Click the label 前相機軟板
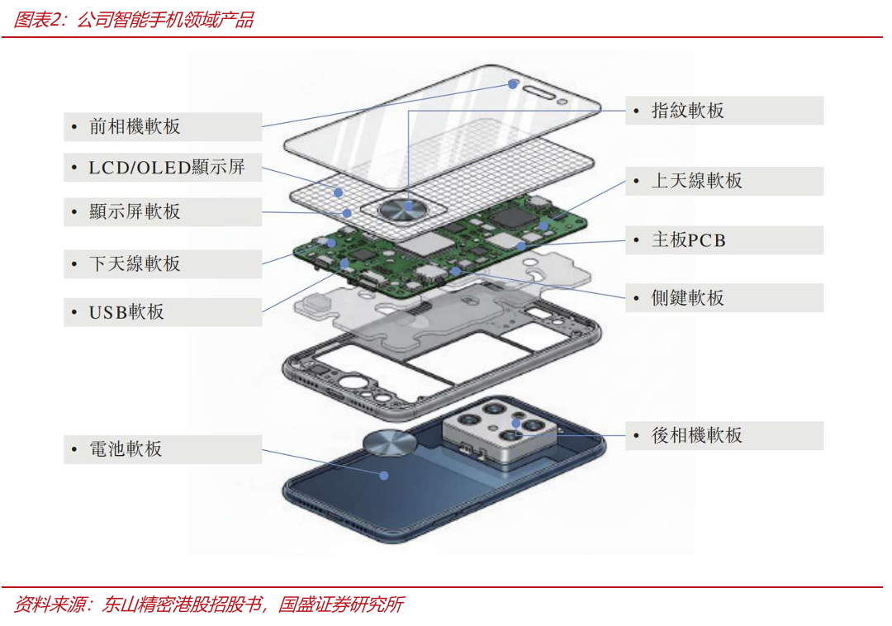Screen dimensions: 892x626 pos(163,126)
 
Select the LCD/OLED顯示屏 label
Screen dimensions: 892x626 pos(163,167)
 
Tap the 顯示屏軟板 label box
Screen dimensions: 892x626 pos(163,211)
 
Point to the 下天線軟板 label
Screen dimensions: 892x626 pos(163,263)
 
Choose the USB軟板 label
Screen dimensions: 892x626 pos(163,312)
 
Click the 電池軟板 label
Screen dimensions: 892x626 pos(163,449)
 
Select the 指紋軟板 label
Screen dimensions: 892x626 pos(724,111)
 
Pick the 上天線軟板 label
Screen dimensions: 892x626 pos(724,181)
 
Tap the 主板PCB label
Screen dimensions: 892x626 pos(724,240)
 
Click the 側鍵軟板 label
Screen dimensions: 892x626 pos(724,297)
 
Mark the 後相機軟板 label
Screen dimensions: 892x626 pos(724,435)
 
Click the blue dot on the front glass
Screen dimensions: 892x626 pos(513,84)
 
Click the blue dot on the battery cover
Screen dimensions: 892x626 pos(384,476)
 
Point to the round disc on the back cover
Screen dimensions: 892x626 pos(390,443)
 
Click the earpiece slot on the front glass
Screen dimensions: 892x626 pos(539,92)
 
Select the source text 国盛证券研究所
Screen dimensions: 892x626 pos(341,605)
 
